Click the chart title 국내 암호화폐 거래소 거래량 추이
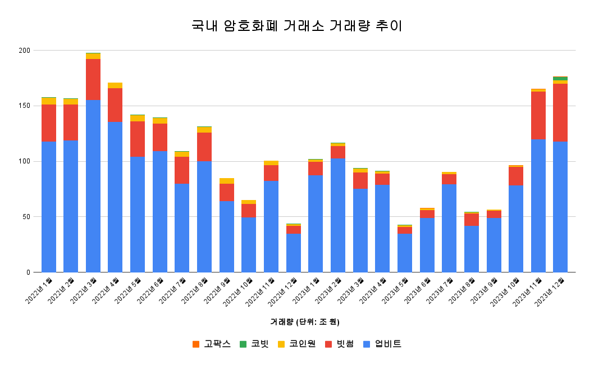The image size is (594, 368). click(x=296, y=26)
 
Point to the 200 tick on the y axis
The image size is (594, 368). click(x=24, y=51)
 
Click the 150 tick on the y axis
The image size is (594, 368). click(x=24, y=106)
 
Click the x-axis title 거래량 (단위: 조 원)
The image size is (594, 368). click(x=296, y=322)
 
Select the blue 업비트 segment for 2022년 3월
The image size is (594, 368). click(x=93, y=185)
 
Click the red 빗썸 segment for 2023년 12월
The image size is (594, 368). click(x=560, y=112)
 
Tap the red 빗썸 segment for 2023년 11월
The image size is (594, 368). click(x=538, y=115)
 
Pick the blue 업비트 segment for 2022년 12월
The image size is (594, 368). click(x=294, y=253)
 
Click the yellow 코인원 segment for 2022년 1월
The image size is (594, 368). click(x=49, y=101)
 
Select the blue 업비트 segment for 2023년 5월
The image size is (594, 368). click(x=405, y=253)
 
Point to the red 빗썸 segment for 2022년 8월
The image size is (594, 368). click(x=204, y=147)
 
